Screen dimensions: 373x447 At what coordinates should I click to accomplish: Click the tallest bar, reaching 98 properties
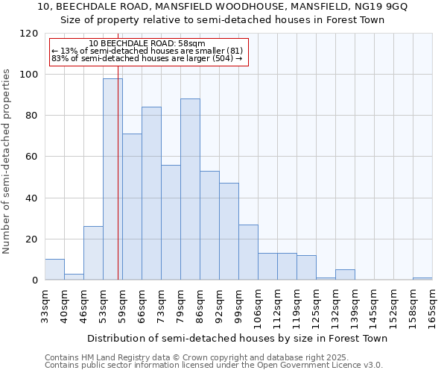coord(112,179)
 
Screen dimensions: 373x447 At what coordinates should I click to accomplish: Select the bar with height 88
coord(190,189)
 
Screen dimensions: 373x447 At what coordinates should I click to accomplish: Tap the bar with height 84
coord(151,193)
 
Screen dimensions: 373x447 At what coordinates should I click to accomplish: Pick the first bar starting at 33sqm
coord(54,270)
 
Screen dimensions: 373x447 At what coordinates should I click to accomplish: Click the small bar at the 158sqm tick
coord(422,279)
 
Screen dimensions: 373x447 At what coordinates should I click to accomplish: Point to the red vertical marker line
coord(118,186)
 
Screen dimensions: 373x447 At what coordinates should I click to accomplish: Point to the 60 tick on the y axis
coord(32,157)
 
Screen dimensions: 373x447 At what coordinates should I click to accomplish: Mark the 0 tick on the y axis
coord(35,280)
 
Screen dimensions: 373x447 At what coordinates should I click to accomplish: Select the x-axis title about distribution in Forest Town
coord(238,339)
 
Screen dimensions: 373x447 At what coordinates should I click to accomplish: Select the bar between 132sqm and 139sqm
coord(345,275)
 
